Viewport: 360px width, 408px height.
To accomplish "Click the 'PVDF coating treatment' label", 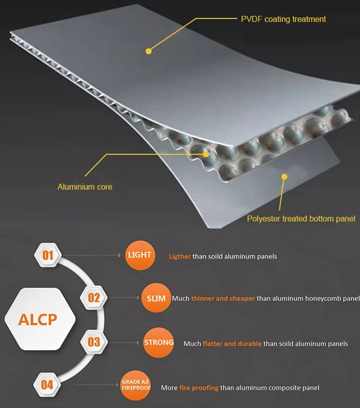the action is (283, 19).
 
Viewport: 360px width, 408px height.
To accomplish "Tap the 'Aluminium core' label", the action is (85, 187).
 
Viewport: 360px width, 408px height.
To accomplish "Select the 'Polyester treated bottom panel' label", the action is (301, 219).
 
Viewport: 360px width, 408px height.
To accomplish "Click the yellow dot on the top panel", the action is (148, 50).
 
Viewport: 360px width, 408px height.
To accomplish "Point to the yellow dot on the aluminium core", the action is (206, 154).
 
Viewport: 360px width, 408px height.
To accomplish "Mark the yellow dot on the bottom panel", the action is (284, 177).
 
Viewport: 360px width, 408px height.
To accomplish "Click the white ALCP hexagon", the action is (37, 320).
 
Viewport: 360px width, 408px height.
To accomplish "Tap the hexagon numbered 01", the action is (48, 255).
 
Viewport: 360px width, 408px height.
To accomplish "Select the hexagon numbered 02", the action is (94, 298).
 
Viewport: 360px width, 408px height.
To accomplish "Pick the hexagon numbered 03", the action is (94, 342).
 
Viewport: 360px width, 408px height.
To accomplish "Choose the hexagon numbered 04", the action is (47, 384).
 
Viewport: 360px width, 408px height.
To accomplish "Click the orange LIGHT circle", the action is (139, 255).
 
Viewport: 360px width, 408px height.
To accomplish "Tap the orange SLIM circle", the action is (156, 298).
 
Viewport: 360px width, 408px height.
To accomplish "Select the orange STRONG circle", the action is (158, 343).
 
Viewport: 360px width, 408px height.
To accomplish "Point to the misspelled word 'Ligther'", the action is (180, 256).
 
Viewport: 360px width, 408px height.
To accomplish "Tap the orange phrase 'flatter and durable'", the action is (232, 344).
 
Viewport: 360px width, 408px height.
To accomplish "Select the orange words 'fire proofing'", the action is (199, 387).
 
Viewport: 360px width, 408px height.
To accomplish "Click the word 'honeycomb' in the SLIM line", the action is (324, 299).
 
